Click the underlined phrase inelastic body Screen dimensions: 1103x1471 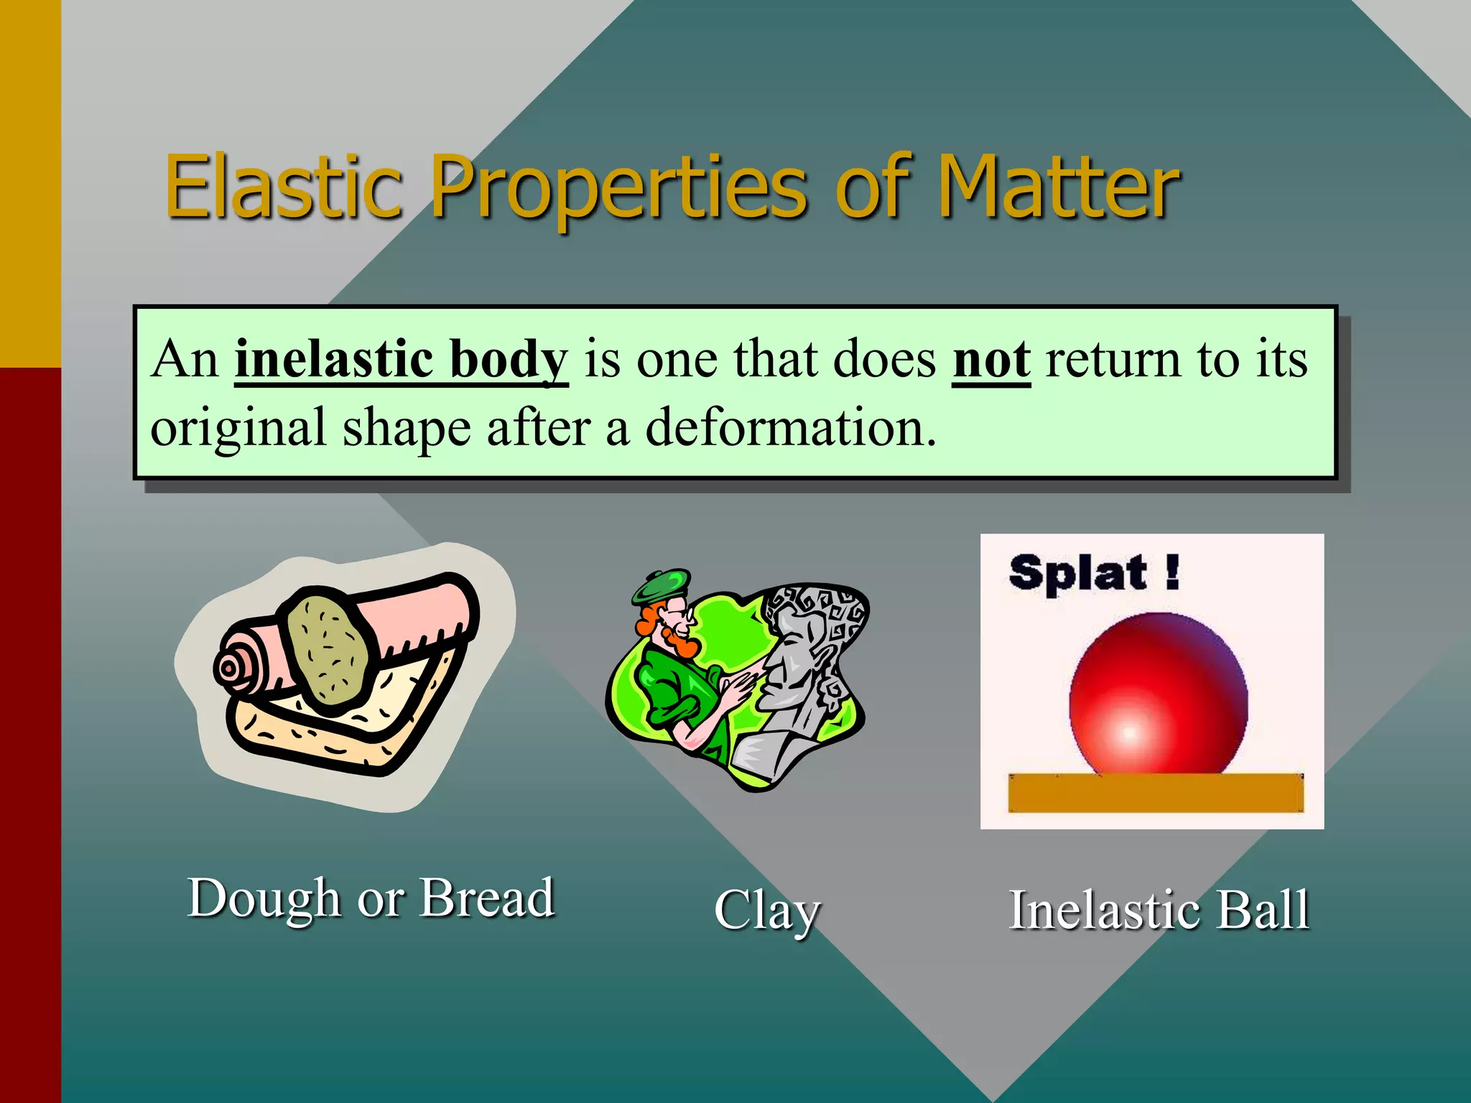tap(401, 359)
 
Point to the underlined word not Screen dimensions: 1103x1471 tap(990, 359)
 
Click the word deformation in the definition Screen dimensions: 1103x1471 tap(791, 427)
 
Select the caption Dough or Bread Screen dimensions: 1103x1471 tap(371, 898)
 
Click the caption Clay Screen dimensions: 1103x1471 tap(766, 911)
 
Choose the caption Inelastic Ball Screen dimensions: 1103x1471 tap(1159, 911)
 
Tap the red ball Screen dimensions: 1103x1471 tap(1158, 689)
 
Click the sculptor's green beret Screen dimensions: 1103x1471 tap(662, 586)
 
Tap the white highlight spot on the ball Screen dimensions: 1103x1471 tap(1128, 733)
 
